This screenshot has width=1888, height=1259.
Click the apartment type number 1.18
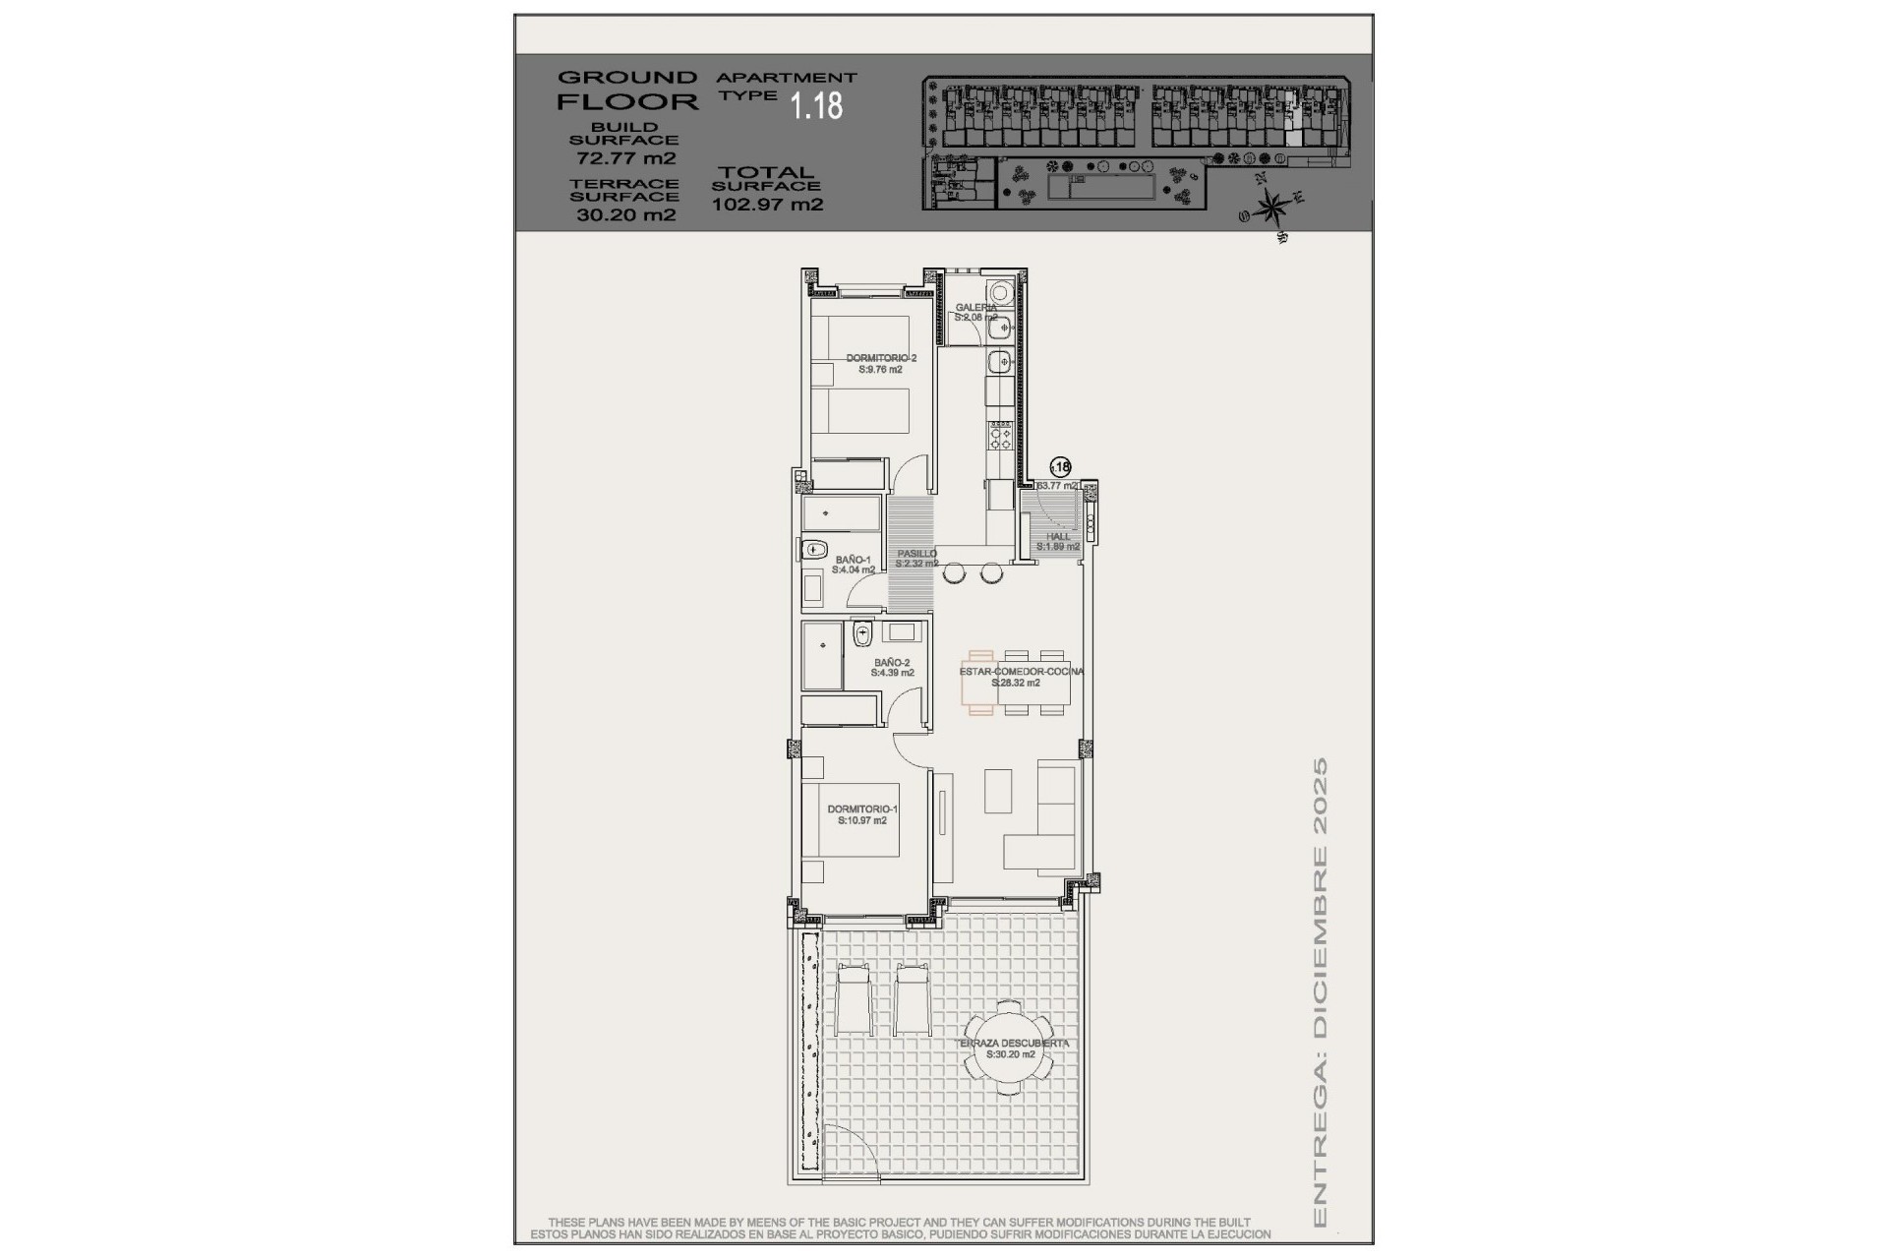click(x=817, y=105)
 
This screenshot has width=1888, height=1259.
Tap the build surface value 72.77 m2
click(x=625, y=157)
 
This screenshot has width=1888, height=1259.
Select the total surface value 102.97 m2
click(x=767, y=205)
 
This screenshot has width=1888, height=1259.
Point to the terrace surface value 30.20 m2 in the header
click(x=625, y=214)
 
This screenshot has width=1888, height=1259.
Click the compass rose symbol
click(x=1272, y=208)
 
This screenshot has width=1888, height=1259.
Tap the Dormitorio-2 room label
click(x=881, y=364)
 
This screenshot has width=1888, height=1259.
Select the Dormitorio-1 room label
click(x=862, y=814)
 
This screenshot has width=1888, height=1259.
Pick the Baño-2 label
click(x=893, y=668)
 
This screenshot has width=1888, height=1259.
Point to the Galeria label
click(x=976, y=312)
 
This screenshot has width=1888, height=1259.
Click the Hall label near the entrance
click(x=1058, y=541)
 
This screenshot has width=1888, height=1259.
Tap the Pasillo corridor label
click(x=916, y=558)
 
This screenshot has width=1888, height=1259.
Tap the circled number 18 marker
click(x=1061, y=467)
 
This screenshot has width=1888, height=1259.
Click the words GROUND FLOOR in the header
click(x=627, y=90)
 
